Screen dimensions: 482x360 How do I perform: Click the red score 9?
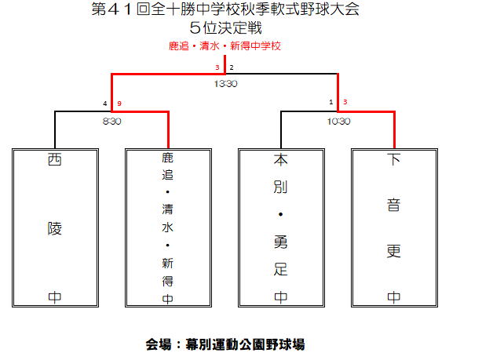click(119, 104)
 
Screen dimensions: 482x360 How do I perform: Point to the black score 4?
click(105, 104)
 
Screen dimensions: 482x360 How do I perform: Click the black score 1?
click(331, 102)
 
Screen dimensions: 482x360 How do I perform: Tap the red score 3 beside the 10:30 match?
click(345, 102)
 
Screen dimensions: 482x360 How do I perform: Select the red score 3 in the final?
click(217, 67)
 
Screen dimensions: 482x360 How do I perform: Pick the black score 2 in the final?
click(232, 67)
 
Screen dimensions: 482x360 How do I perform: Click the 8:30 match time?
click(112, 122)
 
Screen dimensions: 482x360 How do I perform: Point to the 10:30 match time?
click(339, 122)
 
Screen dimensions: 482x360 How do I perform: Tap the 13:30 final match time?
click(226, 84)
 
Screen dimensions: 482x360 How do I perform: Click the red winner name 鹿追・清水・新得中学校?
click(225, 46)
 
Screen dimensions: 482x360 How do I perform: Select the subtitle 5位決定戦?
click(226, 28)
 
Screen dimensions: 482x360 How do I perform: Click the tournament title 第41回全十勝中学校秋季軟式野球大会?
click(225, 9)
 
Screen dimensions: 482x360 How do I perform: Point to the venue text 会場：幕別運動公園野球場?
click(225, 344)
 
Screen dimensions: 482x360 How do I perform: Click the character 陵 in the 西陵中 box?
click(55, 228)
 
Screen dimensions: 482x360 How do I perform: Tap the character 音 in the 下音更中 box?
click(394, 205)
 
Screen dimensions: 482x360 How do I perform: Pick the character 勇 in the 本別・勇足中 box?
click(281, 242)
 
